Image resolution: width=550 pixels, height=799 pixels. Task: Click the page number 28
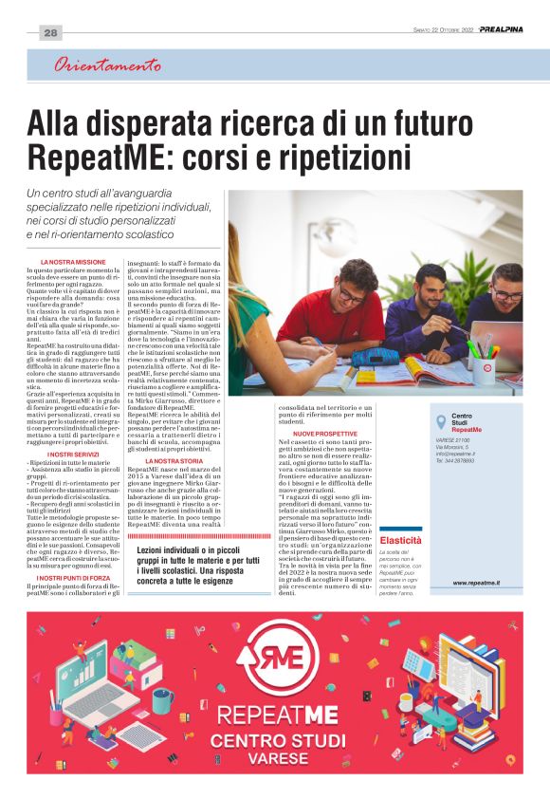coord(50,33)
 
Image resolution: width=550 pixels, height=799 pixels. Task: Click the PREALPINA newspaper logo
coord(499,29)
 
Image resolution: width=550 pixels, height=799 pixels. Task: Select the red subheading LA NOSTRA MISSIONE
coord(73,261)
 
